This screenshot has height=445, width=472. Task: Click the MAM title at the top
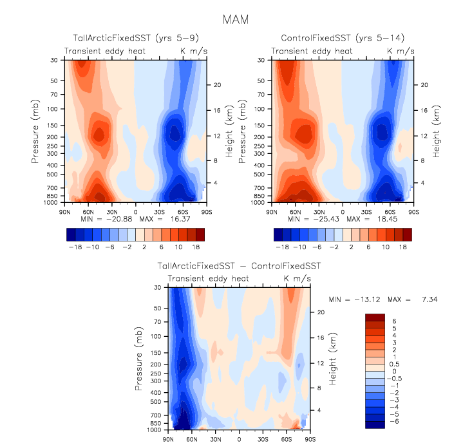pyautogui.click(x=236, y=19)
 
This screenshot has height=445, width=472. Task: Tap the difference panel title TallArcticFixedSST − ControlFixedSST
pyautogui.click(x=239, y=266)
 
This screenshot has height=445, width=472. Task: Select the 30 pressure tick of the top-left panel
pyautogui.click(x=55, y=61)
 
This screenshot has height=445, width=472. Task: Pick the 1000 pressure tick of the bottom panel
pyautogui.click(x=154, y=430)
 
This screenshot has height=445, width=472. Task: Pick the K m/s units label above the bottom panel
pyautogui.click(x=297, y=278)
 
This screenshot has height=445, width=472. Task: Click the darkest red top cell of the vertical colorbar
pyautogui.click(x=375, y=316)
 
